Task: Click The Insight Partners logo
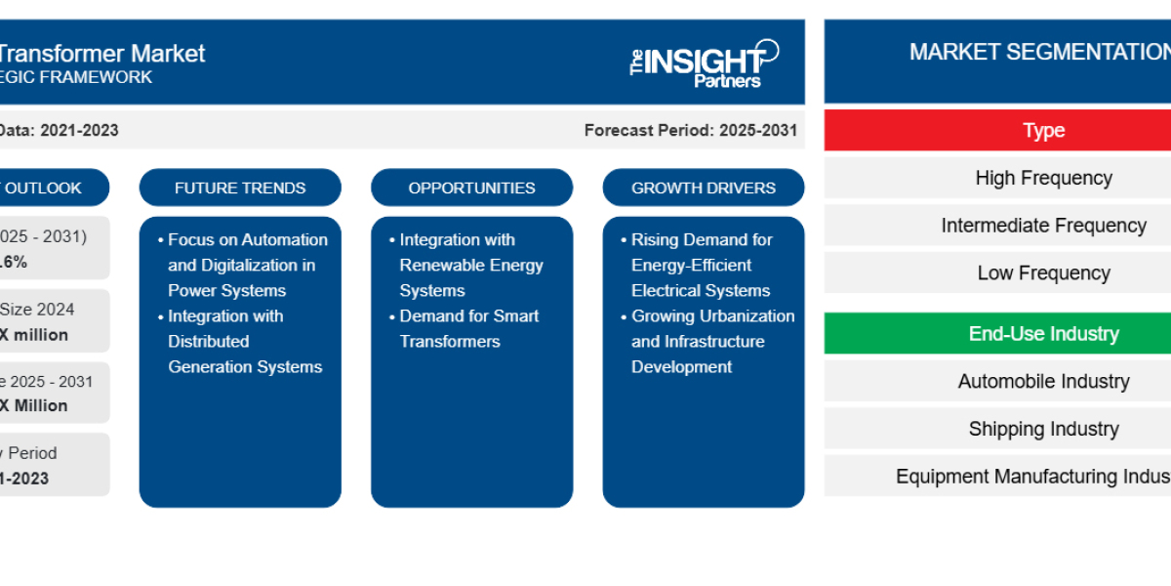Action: pyautogui.click(x=704, y=63)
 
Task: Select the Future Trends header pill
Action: pyautogui.click(x=240, y=188)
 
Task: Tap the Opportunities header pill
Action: pyautogui.click(x=471, y=188)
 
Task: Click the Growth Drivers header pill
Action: pyautogui.click(x=703, y=188)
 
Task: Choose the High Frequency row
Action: pyautogui.click(x=1042, y=178)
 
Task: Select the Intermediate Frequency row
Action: pyautogui.click(x=1042, y=226)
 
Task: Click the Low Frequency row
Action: pyautogui.click(x=1042, y=273)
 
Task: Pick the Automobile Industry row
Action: pyautogui.click(x=1042, y=382)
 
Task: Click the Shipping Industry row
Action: pyautogui.click(x=1042, y=429)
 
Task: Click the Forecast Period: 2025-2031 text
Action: pyautogui.click(x=690, y=130)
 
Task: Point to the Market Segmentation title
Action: pyautogui.click(x=1038, y=53)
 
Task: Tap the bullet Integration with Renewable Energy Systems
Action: pyautogui.click(x=470, y=265)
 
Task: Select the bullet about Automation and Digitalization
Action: pyautogui.click(x=247, y=265)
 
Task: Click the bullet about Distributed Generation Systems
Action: pyautogui.click(x=244, y=341)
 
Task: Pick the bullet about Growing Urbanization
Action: pyautogui.click(x=711, y=341)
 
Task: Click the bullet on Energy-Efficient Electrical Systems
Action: pyautogui.click(x=701, y=265)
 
